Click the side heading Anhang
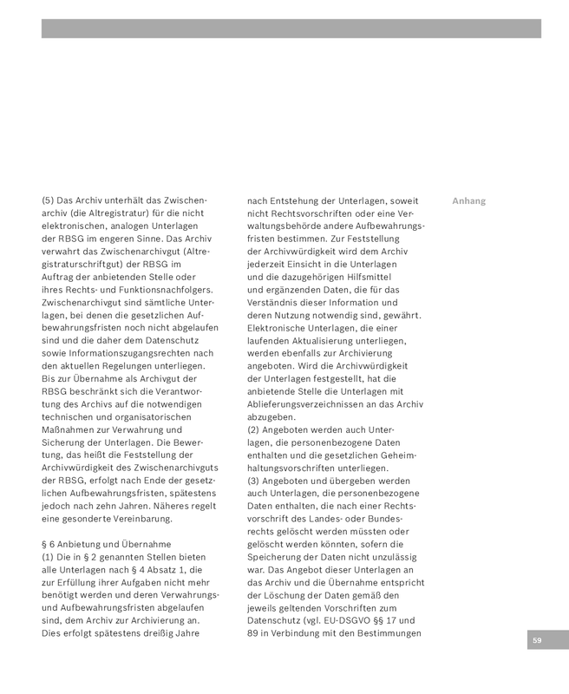point(468,201)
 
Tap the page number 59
point(537,640)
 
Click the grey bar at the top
point(291,29)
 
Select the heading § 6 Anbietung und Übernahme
point(106,544)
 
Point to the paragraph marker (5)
point(48,200)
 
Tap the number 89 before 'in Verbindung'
point(253,633)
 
